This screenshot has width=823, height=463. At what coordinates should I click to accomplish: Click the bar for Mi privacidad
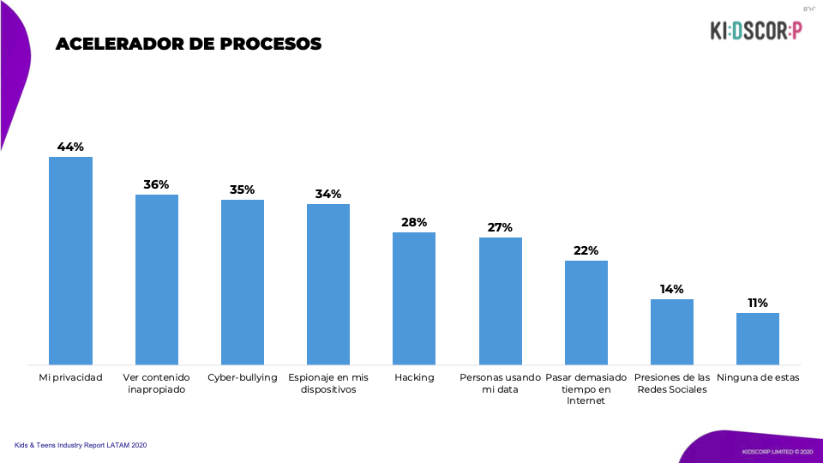pyautogui.click(x=70, y=261)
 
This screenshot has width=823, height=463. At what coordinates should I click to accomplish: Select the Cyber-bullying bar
pyautogui.click(x=243, y=282)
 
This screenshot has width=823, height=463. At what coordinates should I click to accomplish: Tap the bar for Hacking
pyautogui.click(x=414, y=298)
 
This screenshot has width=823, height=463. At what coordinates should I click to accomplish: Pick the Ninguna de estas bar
pyautogui.click(x=758, y=339)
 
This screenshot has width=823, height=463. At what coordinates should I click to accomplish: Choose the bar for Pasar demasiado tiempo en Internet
pyautogui.click(x=586, y=312)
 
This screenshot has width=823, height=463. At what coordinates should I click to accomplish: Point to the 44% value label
pyautogui.click(x=70, y=147)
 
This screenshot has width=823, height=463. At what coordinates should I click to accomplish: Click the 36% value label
pyautogui.click(x=157, y=184)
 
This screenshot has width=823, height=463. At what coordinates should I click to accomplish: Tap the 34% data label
pyautogui.click(x=328, y=194)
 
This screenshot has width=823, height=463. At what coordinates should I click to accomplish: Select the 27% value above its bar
pyautogui.click(x=500, y=227)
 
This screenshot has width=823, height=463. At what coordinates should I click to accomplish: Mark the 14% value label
pyautogui.click(x=672, y=289)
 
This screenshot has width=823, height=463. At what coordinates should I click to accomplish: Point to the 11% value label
pyautogui.click(x=758, y=303)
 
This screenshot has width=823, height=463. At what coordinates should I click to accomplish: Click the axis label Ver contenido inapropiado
pyautogui.click(x=157, y=383)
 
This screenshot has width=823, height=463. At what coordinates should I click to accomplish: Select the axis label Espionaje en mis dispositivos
pyautogui.click(x=328, y=383)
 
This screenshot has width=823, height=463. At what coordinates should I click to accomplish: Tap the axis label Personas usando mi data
pyautogui.click(x=500, y=383)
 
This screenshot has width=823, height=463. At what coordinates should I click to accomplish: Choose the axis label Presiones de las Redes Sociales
pyautogui.click(x=672, y=383)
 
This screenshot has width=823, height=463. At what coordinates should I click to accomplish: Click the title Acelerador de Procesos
pyautogui.click(x=189, y=44)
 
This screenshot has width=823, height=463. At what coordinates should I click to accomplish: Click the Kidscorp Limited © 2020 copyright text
pyautogui.click(x=771, y=451)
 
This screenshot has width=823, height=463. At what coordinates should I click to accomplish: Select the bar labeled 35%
pyautogui.click(x=243, y=282)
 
